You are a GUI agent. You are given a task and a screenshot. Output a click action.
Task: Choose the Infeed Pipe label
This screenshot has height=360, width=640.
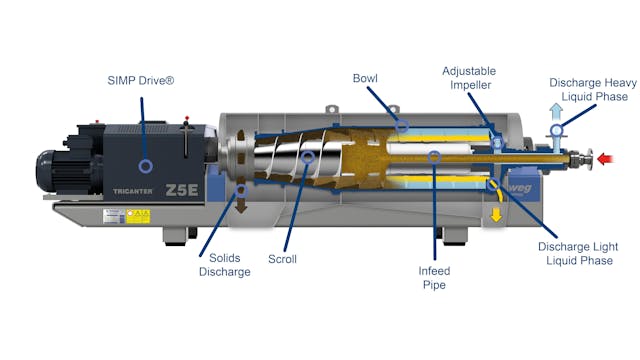point(435,275)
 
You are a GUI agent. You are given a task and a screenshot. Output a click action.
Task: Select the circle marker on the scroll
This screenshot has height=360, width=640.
point(308,157)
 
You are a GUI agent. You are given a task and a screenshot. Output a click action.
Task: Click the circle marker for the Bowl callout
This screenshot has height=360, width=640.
point(401,127)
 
